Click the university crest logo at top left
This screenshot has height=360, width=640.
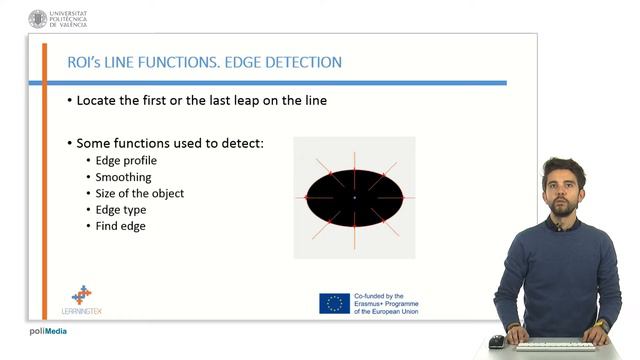38,18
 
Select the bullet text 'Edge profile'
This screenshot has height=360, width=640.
126,160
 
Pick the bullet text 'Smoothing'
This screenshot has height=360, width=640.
123,176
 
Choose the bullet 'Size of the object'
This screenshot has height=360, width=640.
139,193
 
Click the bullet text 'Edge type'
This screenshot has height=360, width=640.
121,209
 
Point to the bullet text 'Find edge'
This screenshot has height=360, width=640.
120,226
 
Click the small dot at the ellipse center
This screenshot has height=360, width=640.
354,198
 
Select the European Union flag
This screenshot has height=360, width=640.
334,303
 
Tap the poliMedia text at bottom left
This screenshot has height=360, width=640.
47,331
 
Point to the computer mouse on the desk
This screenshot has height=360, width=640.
496,341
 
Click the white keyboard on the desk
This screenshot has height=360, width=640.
554,345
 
